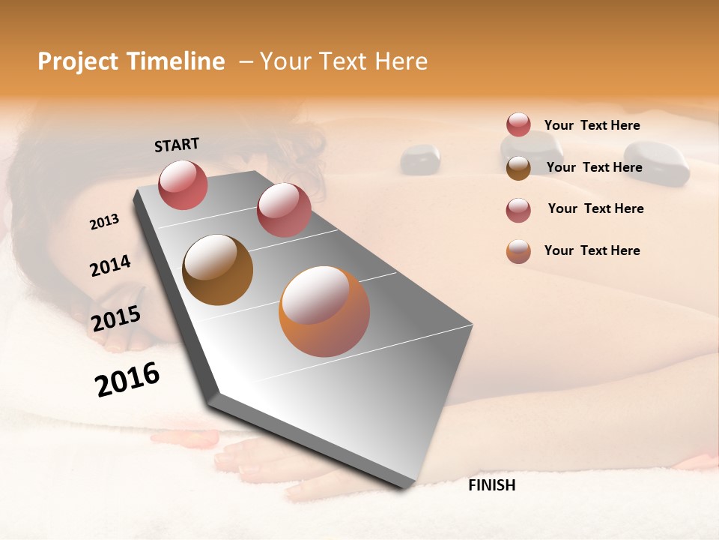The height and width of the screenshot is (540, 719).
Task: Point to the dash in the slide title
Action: (x=246, y=61)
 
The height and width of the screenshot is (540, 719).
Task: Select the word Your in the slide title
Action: (x=285, y=61)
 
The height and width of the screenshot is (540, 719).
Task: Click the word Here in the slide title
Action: (x=401, y=61)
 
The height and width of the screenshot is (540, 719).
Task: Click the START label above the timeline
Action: (x=177, y=145)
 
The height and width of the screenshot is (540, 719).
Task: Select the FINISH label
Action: (x=491, y=485)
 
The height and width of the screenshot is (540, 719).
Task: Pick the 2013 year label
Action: (x=104, y=222)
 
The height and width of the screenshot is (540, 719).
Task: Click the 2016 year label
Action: (x=127, y=379)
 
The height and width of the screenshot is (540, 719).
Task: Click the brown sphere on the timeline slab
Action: (x=217, y=270)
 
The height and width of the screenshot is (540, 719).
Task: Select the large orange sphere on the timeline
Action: (x=324, y=311)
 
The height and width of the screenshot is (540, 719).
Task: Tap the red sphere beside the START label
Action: (x=183, y=184)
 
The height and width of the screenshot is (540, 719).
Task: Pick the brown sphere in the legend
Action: (x=518, y=168)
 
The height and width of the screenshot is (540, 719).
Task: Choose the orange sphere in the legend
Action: (x=518, y=251)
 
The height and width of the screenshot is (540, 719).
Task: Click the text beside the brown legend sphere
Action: (x=594, y=167)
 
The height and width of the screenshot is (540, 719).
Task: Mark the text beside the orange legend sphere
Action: (x=592, y=250)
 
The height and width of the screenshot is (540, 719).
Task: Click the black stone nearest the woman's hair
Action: (x=420, y=159)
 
